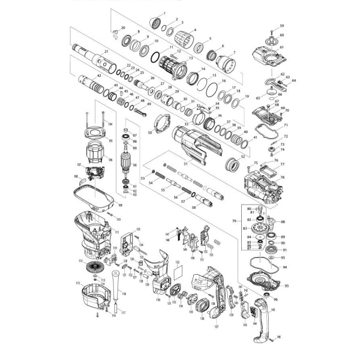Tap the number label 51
[x=185, y=164]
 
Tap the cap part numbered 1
[x=160, y=24]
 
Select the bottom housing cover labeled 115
[x=95, y=297]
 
